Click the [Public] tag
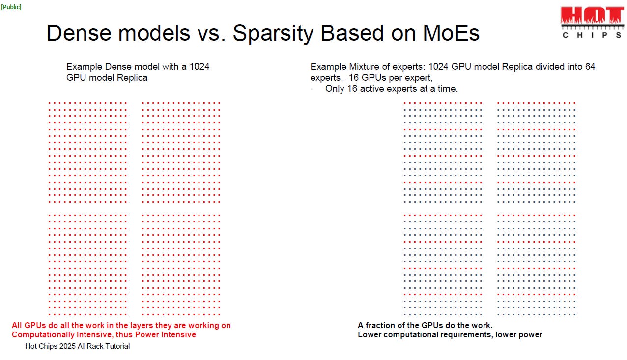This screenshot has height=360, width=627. [11, 7]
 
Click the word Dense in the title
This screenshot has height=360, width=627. [79, 33]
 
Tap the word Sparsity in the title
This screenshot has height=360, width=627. [273, 33]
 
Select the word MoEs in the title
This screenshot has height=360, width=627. [451, 33]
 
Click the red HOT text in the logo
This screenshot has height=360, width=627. [592, 15]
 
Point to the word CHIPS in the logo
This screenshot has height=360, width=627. [592, 35]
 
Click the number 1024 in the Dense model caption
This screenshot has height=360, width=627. [199, 67]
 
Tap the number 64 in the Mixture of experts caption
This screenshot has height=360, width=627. [590, 67]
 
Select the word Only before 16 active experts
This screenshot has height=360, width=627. [335, 89]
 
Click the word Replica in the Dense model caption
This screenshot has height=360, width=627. [132, 78]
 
